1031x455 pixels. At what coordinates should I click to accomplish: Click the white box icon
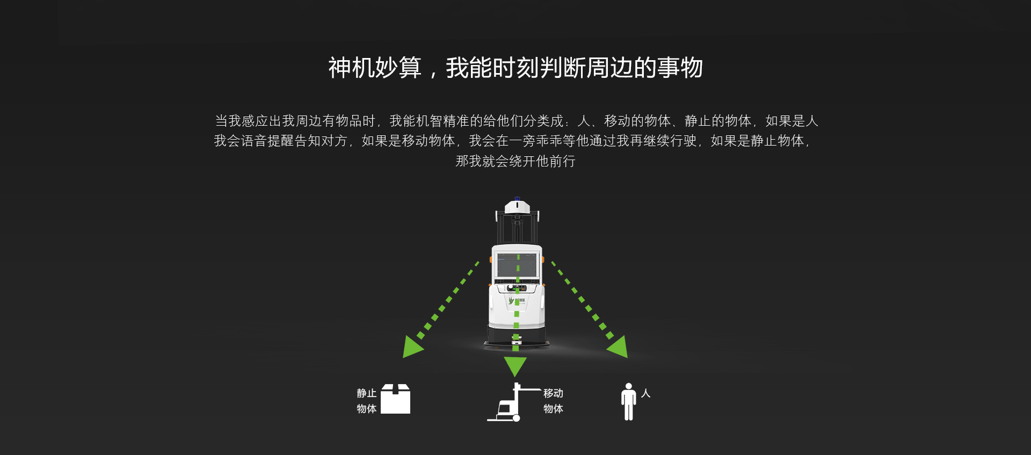(x=396, y=399)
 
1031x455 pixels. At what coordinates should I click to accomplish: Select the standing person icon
(x=628, y=401)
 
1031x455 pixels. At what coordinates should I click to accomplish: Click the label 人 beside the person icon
(x=646, y=393)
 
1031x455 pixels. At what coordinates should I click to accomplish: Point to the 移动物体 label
(x=553, y=401)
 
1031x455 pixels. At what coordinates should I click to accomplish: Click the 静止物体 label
(x=367, y=401)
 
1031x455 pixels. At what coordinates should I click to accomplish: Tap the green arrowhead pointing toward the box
(x=412, y=347)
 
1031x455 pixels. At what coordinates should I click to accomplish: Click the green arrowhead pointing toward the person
(x=619, y=347)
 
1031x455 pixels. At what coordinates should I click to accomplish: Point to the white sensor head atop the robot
(x=517, y=206)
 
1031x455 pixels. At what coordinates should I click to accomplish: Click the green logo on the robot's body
(x=511, y=300)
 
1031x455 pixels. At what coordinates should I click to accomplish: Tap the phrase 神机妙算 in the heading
(x=375, y=68)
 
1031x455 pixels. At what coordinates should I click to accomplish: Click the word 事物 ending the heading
(x=680, y=68)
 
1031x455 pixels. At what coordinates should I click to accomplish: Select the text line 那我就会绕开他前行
(x=515, y=161)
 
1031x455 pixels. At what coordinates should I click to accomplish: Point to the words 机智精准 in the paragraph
(x=443, y=121)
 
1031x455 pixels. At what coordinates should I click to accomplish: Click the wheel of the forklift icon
(x=516, y=418)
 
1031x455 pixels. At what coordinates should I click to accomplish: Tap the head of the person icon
(x=628, y=386)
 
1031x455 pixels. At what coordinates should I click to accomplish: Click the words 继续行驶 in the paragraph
(x=670, y=141)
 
